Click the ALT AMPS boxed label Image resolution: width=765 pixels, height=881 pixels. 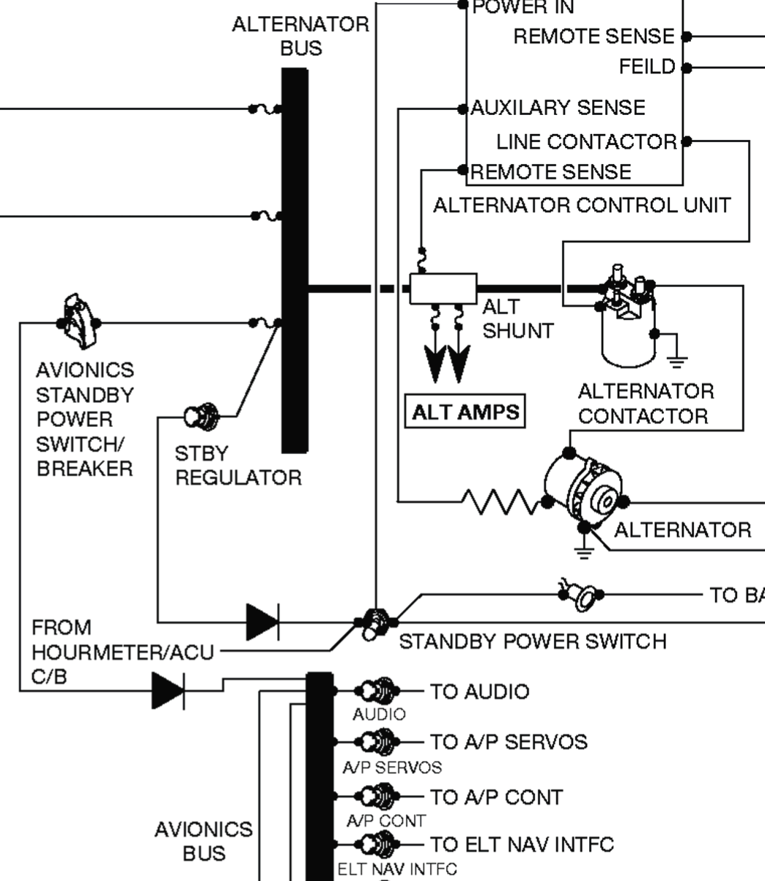pos(465,412)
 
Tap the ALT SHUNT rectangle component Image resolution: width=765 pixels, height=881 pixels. pos(443,289)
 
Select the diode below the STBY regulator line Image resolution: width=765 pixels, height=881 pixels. pos(262,622)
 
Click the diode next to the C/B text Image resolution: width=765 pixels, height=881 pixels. pos(168,690)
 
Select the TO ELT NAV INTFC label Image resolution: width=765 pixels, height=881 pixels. pos(521,844)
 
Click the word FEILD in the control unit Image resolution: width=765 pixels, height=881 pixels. pos(646,67)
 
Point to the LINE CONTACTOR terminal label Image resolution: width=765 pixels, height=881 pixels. pos(586,141)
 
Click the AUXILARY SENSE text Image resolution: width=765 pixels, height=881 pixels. pos(558,108)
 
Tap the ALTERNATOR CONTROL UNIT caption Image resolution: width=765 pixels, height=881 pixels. pos(582,205)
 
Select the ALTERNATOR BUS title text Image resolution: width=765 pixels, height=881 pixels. pos(300,36)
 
